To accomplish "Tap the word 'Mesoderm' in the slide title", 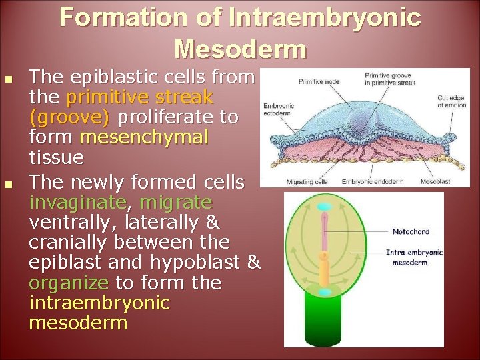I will (240, 49).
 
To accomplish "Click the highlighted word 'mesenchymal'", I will (143, 137).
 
